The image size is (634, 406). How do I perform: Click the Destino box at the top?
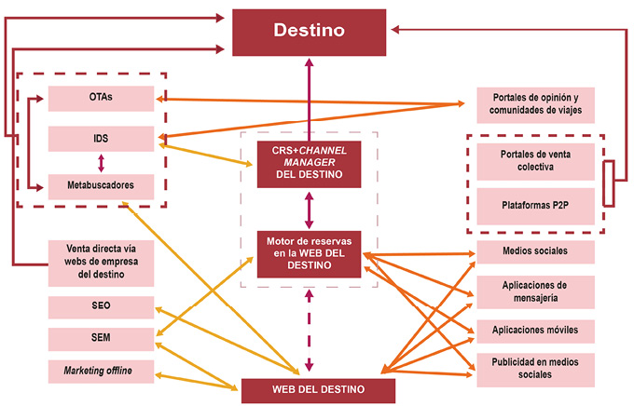tap(309, 31)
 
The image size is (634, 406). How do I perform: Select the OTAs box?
tap(102, 97)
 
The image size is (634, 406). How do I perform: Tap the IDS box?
tap(102, 140)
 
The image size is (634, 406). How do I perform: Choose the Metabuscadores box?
tap(102, 184)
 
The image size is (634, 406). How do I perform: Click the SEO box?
tap(102, 305)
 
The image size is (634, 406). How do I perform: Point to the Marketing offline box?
tap(102, 372)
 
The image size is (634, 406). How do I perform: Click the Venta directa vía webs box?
tap(102, 262)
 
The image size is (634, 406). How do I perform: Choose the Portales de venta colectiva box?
tap(534, 160)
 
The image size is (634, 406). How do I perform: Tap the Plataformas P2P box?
tap(534, 205)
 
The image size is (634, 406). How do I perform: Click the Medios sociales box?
tap(534, 252)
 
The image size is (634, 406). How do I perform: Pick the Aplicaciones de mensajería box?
tap(534, 290)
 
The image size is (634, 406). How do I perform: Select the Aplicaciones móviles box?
tap(534, 330)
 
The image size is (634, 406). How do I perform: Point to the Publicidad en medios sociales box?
tap(534, 366)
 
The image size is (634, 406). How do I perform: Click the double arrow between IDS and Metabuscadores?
tap(102, 162)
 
